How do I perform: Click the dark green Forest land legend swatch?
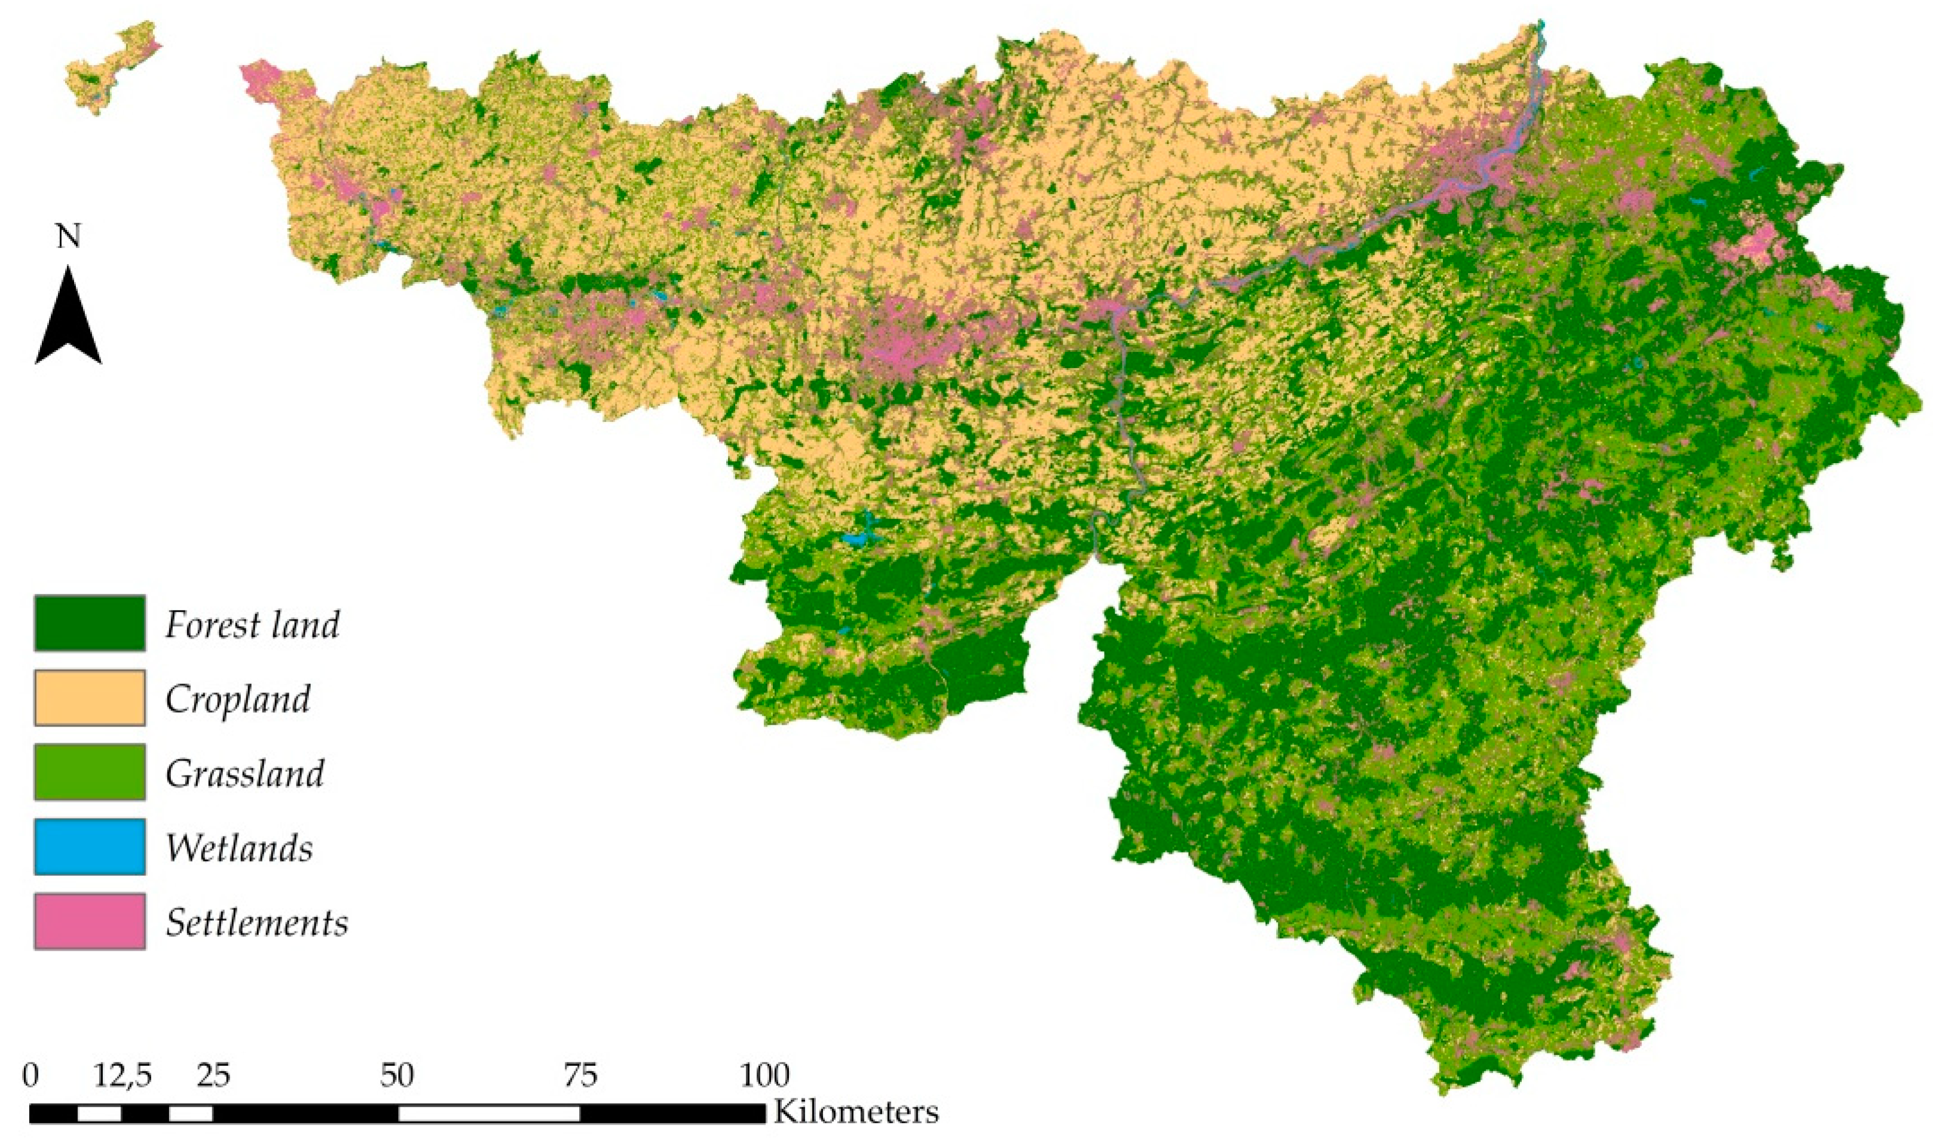pos(90,623)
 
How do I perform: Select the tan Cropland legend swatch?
pos(90,698)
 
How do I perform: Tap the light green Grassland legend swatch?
pos(90,772)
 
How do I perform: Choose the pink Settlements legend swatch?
pos(90,921)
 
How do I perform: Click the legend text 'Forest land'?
pos(252,624)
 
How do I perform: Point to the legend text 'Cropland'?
pos(237,698)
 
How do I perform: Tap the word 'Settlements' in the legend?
pos(256,923)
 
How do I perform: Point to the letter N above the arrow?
pos(69,237)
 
